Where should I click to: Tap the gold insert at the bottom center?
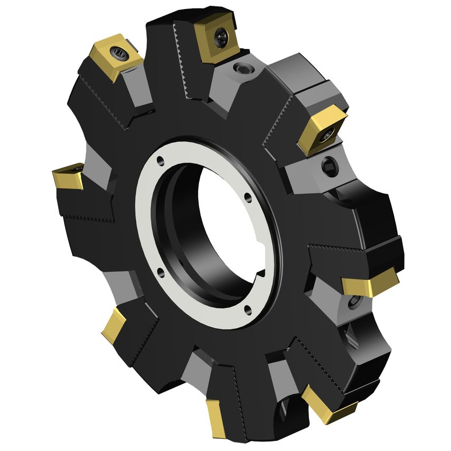(217, 417)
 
